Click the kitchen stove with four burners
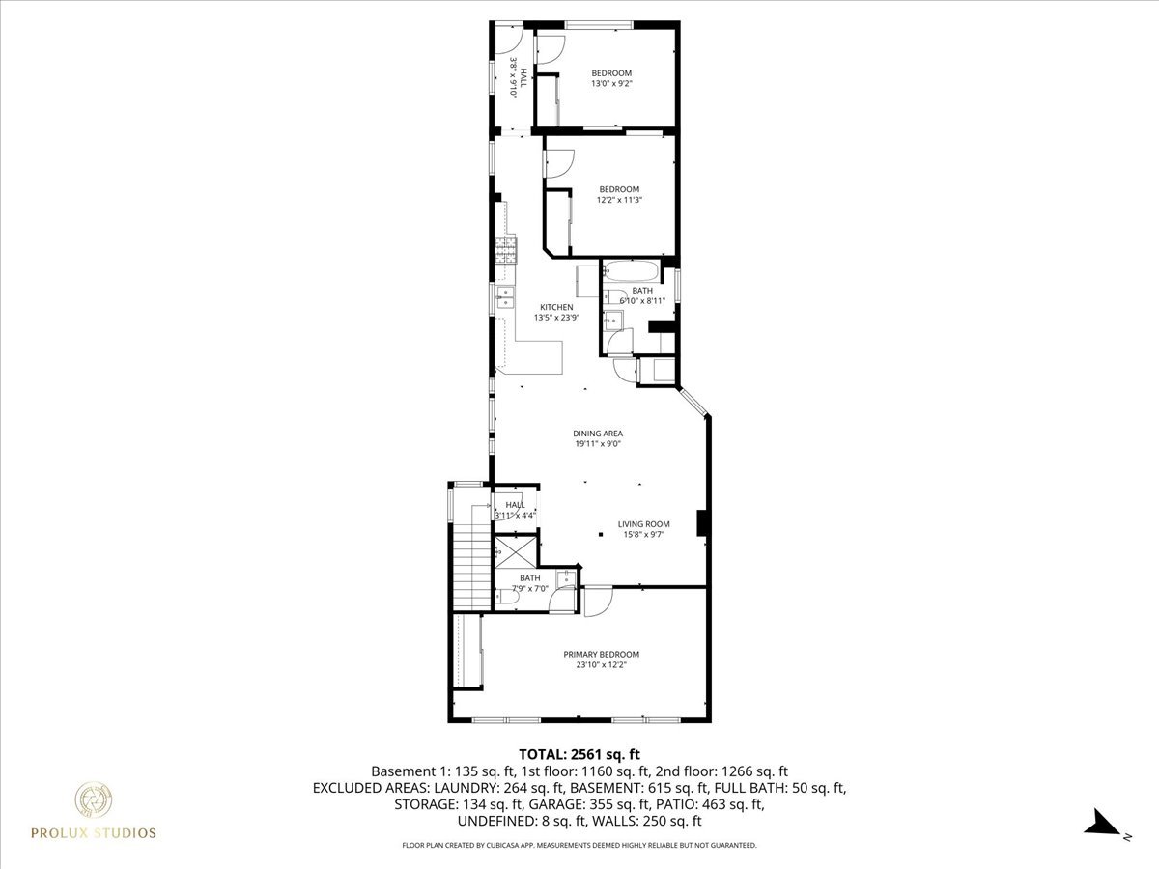506,250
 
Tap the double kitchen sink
504,297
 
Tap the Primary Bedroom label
601,654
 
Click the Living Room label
643,524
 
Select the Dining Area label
598,434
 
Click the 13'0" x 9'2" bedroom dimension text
611,84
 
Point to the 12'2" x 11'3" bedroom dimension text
619,200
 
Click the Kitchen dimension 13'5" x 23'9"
556,318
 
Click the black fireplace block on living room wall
703,522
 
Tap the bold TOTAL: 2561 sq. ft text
579,754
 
